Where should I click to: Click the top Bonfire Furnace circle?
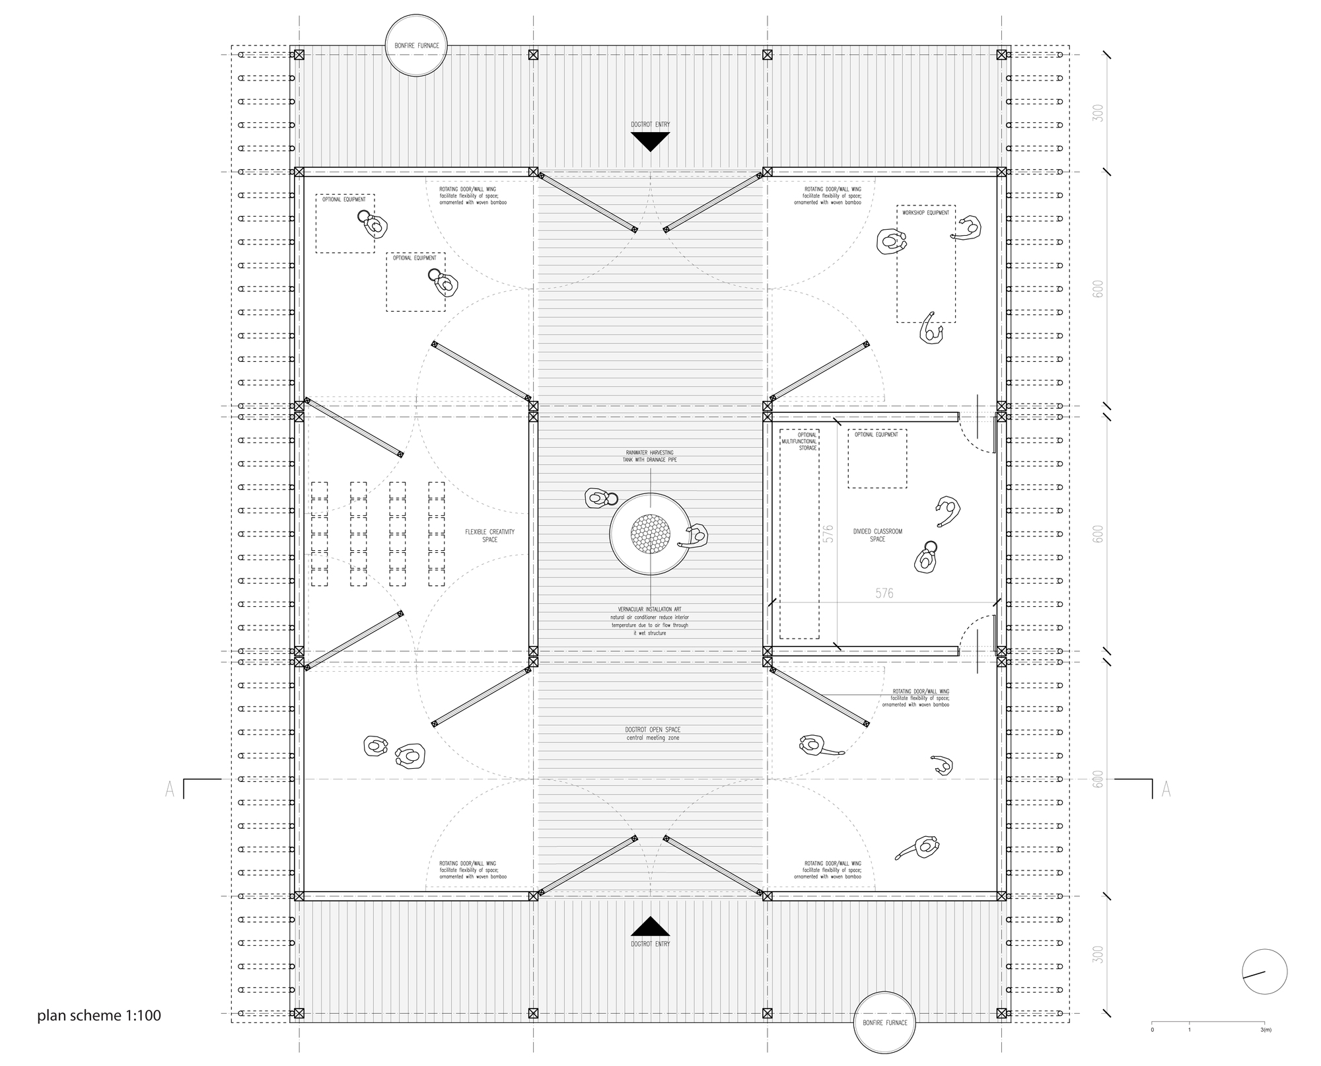(417, 47)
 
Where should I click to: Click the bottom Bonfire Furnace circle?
(884, 1022)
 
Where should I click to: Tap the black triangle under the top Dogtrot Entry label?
(650, 141)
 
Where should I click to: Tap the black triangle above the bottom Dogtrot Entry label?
(650, 927)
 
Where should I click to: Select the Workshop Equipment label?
(925, 213)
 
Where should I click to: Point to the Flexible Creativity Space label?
(489, 536)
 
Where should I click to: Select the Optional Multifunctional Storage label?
(806, 441)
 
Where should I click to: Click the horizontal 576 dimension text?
(884, 593)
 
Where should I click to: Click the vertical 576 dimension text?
(829, 534)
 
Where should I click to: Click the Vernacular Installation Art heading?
(649, 609)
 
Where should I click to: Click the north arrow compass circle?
(1264, 972)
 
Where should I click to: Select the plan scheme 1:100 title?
(99, 1015)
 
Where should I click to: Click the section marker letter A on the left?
(170, 789)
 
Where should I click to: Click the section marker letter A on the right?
(1166, 789)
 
